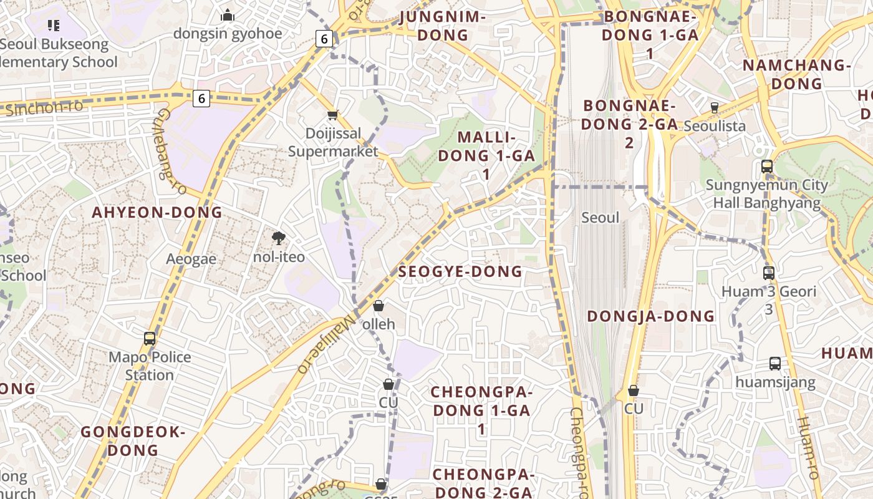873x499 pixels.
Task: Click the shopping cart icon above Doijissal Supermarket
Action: tap(333, 115)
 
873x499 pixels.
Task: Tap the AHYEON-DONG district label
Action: tap(157, 212)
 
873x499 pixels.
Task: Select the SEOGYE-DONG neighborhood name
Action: tap(460, 271)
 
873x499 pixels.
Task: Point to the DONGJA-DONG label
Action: tap(650, 316)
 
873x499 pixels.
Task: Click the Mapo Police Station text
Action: tap(150, 366)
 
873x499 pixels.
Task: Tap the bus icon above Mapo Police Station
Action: tap(150, 339)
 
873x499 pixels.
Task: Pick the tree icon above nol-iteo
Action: tap(279, 238)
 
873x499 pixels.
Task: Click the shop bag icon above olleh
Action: tap(379, 306)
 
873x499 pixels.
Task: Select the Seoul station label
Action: tap(600, 218)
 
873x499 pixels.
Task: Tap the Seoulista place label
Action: tap(715, 126)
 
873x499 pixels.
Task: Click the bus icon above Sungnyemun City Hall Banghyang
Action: tap(767, 167)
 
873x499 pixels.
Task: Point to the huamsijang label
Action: tap(775, 382)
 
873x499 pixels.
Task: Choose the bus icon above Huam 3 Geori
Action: tap(769, 273)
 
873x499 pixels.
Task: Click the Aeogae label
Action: tap(191, 259)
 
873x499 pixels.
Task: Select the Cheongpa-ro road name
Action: tap(578, 452)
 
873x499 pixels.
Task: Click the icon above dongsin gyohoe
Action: tap(228, 16)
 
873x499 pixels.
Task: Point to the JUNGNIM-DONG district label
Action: tap(443, 26)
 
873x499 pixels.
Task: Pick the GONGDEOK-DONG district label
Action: tap(133, 441)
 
